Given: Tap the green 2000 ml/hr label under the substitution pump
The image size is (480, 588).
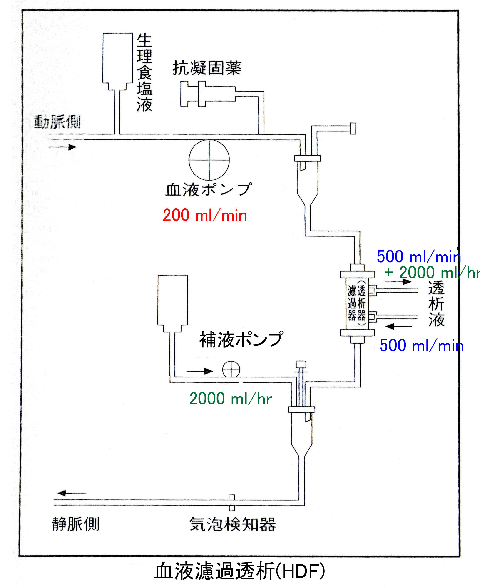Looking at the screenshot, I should pyautogui.click(x=231, y=399).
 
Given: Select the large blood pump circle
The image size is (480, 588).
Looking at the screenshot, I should pyautogui.click(x=209, y=160).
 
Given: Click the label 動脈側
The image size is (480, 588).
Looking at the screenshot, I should pyautogui.click(x=57, y=122).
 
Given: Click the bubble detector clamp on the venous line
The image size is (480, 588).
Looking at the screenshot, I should pyautogui.click(x=232, y=503).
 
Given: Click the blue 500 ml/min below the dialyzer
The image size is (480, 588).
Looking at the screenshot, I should pyautogui.click(x=421, y=346).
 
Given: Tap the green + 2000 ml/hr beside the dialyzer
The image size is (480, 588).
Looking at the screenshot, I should pyautogui.click(x=431, y=273).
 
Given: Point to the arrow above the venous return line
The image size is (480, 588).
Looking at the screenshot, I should pyautogui.click(x=71, y=493).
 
